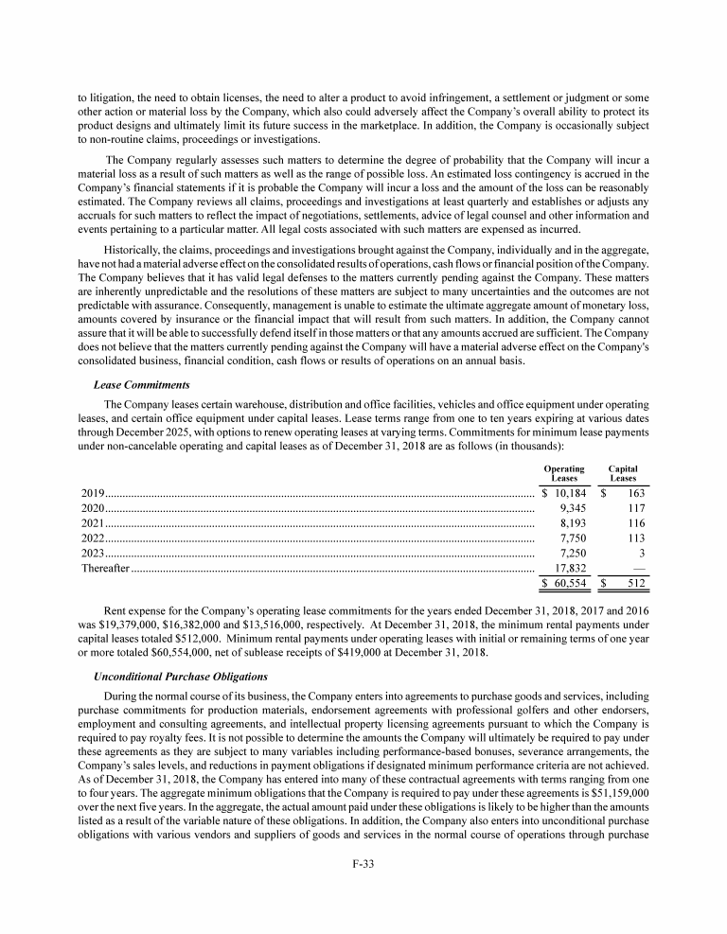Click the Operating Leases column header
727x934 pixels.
[563, 473]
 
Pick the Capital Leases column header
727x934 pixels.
[623, 473]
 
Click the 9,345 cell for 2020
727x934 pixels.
[575, 508]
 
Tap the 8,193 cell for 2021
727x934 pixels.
[575, 523]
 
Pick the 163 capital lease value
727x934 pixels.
[635, 493]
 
